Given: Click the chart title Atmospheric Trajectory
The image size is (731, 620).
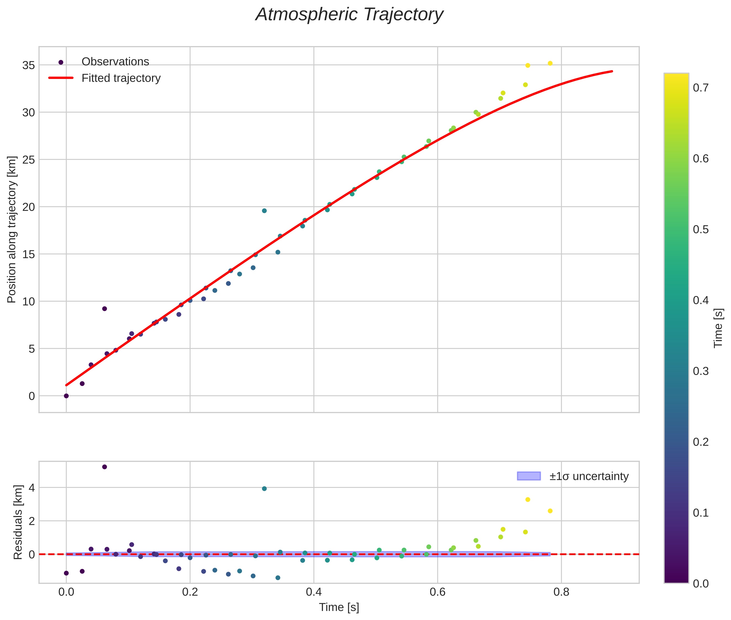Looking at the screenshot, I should (x=349, y=15).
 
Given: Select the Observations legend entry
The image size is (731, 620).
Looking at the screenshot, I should (x=115, y=62).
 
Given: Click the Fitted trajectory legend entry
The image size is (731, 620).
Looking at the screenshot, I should (x=121, y=78).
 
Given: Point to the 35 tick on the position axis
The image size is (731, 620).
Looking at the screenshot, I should (x=29, y=65).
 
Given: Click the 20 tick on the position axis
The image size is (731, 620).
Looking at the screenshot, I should (x=29, y=207).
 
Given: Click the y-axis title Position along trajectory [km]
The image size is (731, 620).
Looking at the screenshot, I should (x=12, y=229).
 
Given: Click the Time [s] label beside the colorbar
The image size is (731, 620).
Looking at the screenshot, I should (x=718, y=328).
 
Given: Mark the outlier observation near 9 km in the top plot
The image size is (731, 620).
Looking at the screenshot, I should (x=104, y=309).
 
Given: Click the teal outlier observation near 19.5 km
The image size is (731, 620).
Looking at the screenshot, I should (x=264, y=211).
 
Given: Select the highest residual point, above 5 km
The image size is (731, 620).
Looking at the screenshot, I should (x=104, y=467).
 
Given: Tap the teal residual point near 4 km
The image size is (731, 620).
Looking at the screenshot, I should (x=264, y=489).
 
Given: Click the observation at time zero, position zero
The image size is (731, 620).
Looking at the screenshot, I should (x=66, y=396).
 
